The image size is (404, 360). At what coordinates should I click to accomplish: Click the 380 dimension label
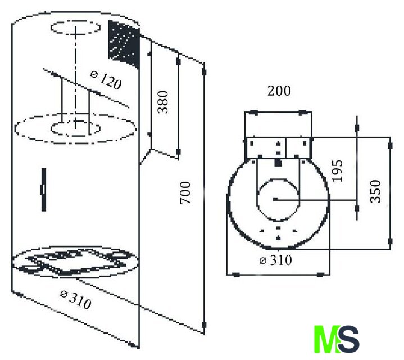point(163,102)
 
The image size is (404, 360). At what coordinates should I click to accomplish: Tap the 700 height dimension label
point(185,192)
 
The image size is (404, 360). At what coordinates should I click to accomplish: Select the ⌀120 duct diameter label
point(106,80)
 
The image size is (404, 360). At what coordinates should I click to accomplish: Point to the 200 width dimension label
point(279,91)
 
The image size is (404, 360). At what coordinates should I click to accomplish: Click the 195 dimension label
point(337,171)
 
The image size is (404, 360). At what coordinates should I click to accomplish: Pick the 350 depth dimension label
point(375,191)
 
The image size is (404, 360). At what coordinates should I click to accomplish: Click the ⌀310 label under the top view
point(275,260)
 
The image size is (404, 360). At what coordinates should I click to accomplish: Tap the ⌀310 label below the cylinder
point(75,299)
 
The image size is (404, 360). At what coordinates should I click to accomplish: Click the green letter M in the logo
point(326,339)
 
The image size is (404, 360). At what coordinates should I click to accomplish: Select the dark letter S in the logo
point(348,339)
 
